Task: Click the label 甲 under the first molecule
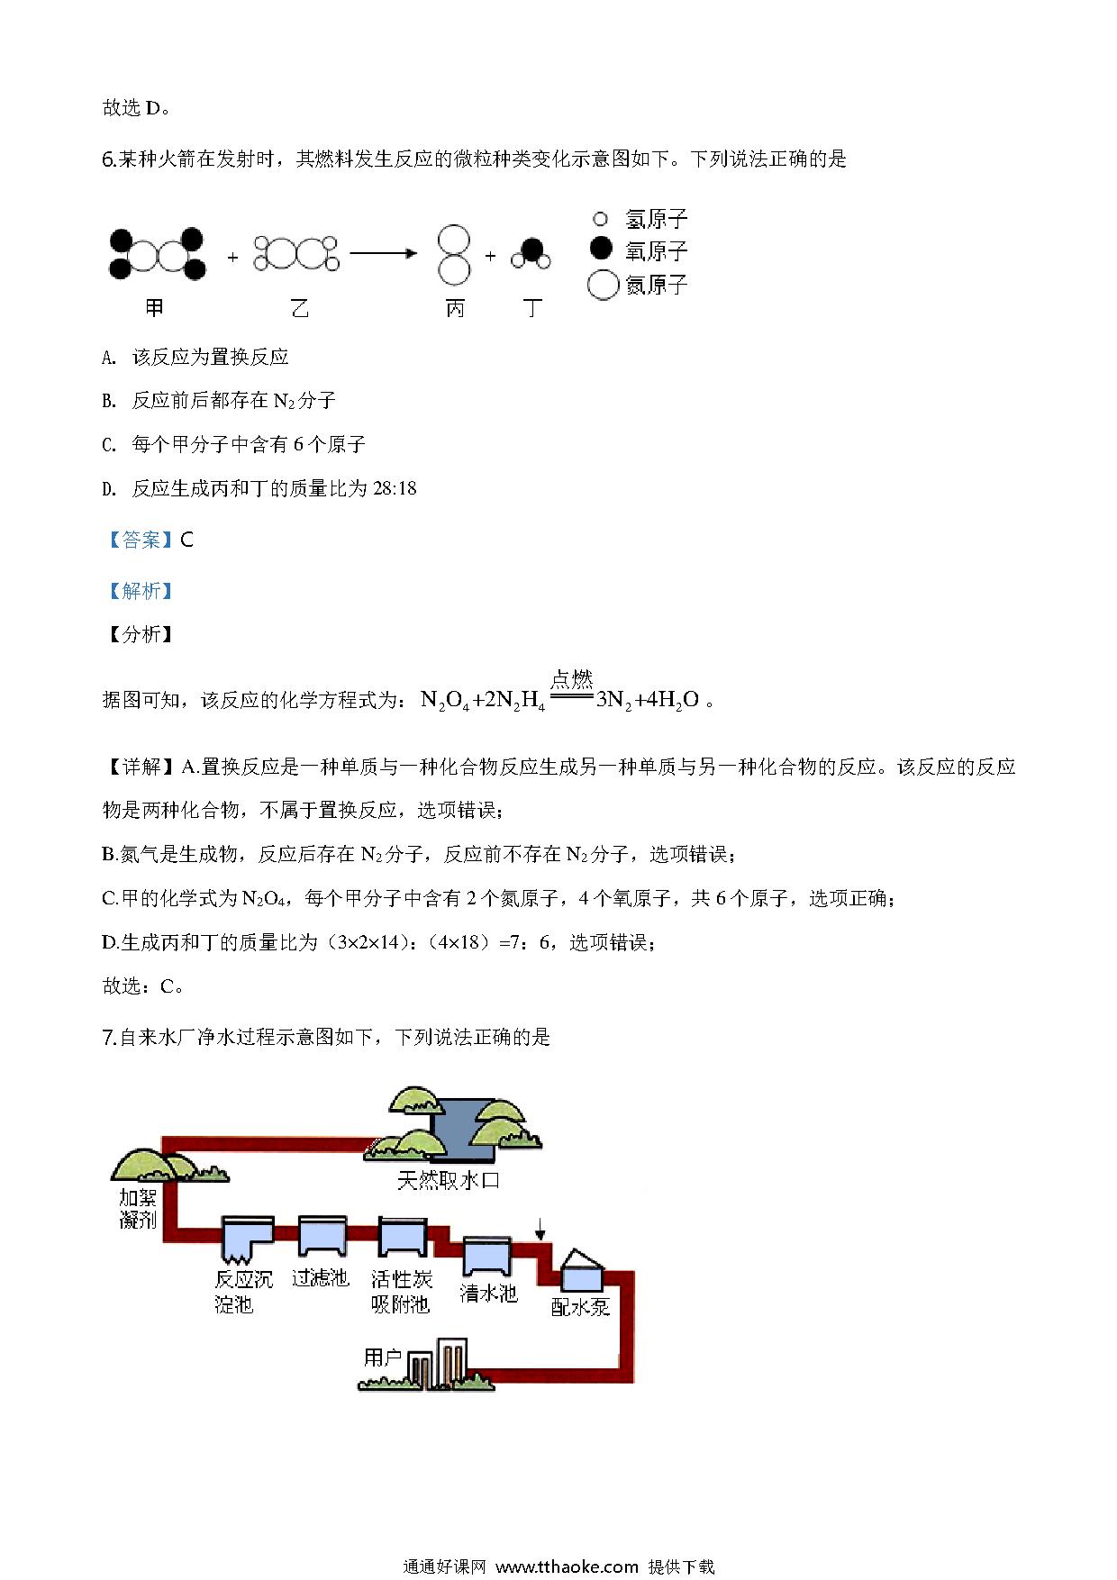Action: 154,308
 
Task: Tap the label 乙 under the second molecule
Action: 300,309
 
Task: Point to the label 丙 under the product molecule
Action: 455,309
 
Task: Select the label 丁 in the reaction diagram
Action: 532,309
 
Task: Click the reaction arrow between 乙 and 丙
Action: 384,254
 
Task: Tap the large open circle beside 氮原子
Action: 603,285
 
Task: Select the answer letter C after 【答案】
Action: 187,540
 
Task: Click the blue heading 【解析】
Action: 140,591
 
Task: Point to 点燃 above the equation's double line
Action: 571,679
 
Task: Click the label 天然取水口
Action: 448,1180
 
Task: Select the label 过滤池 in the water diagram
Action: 320,1277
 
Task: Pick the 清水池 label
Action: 488,1294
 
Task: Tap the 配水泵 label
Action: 581,1307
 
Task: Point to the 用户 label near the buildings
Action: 382,1357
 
